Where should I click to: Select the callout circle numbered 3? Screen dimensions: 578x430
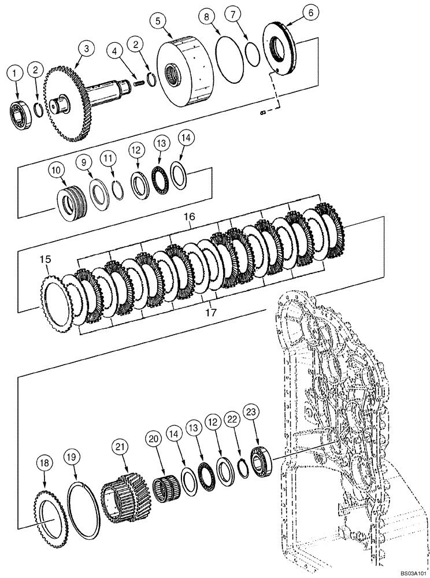coord(86,49)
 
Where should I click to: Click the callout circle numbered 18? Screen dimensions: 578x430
coord(44,462)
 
